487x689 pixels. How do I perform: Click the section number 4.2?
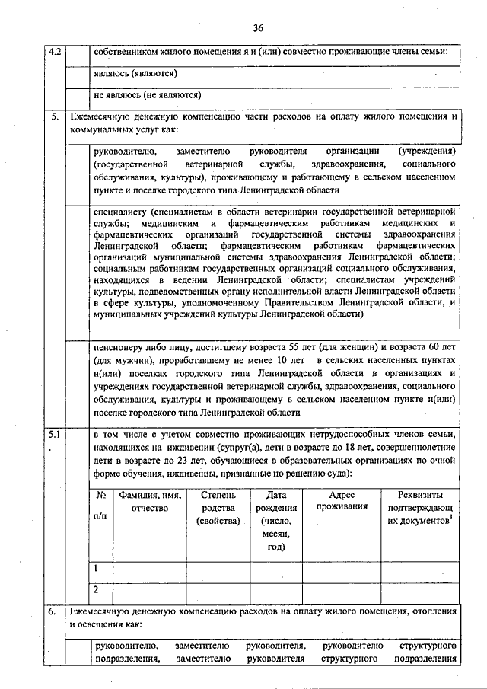pyautogui.click(x=56, y=53)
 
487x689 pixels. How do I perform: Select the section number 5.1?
pyautogui.click(x=56, y=435)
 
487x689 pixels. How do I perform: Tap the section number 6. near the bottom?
pyautogui.click(x=53, y=611)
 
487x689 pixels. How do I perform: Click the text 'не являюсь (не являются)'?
pyautogui.click(x=147, y=97)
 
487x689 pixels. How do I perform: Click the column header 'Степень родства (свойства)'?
pyautogui.click(x=218, y=508)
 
